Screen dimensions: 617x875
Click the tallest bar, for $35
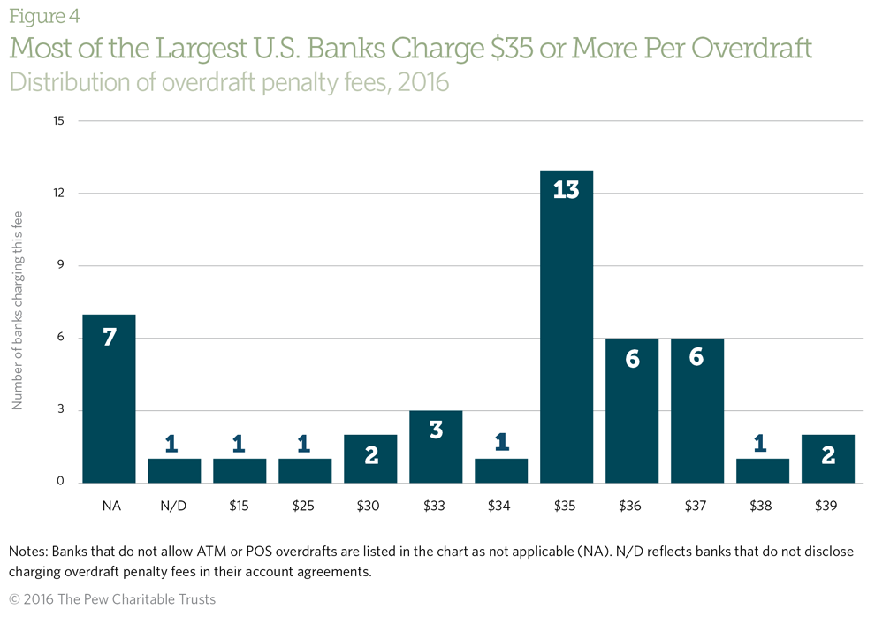566,327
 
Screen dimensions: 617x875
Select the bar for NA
109,398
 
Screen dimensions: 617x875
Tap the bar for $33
435,446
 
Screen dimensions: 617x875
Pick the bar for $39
827,459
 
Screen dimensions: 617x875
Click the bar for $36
631,410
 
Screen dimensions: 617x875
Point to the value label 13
566,189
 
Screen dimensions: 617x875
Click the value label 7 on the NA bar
109,336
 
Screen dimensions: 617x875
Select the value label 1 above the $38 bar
762,443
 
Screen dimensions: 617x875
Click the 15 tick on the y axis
58,120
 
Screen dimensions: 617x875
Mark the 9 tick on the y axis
60,265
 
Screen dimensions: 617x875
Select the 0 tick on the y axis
60,483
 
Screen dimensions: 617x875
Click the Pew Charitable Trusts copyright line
112,599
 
